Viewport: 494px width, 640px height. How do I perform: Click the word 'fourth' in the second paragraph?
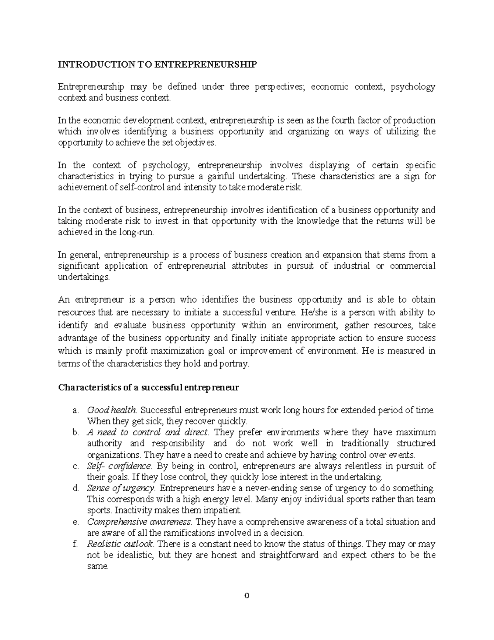(x=348, y=120)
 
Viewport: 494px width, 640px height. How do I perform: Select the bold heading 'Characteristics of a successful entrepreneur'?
(x=149, y=388)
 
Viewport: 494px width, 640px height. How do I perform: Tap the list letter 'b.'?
(x=75, y=432)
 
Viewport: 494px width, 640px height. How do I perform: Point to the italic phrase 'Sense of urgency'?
(x=121, y=488)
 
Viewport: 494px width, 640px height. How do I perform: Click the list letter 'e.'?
(x=75, y=522)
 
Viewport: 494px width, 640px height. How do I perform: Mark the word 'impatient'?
(x=224, y=511)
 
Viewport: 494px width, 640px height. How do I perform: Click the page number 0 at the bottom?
(x=247, y=595)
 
